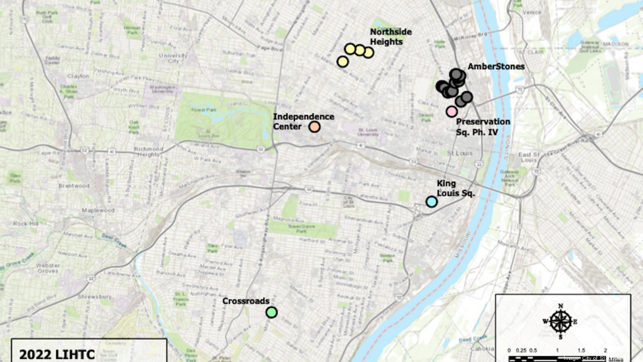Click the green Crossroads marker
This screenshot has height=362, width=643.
(272, 312)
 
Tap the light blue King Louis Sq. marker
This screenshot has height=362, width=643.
(431, 202)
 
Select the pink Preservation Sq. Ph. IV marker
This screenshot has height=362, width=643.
(452, 111)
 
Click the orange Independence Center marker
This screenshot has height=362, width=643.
(315, 127)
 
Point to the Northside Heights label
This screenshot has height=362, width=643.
(391, 36)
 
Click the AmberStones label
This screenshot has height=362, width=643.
(496, 67)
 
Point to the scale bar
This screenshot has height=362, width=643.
(557, 357)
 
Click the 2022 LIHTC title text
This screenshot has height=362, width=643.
(50, 354)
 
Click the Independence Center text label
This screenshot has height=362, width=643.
(304, 121)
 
